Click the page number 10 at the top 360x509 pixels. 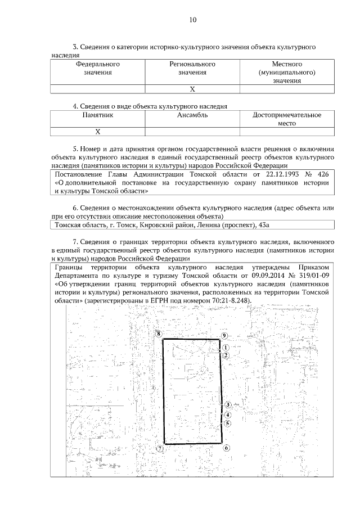pyautogui.click(x=192, y=20)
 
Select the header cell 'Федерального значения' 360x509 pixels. pyautogui.click(x=98, y=68)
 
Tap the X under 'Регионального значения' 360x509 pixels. pyautogui.click(x=192, y=89)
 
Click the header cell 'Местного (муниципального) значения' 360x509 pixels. pyautogui.click(x=287, y=72)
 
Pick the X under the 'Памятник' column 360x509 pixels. pyautogui.click(x=98, y=132)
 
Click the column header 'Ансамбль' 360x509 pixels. pyautogui.click(x=192, y=115)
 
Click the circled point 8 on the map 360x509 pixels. pyautogui.click(x=159, y=334)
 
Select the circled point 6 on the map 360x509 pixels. pyautogui.click(x=226, y=448)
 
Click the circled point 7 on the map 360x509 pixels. pyautogui.click(x=160, y=449)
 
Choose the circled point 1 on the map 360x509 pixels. pyautogui.click(x=225, y=348)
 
